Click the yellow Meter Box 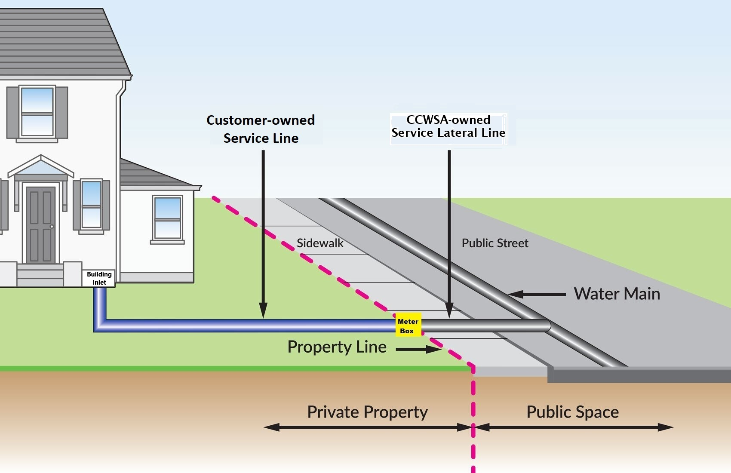(x=408, y=326)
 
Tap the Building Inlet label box (x=99, y=278)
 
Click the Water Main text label (x=617, y=294)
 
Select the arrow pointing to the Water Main (x=537, y=295)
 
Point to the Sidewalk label (x=320, y=243)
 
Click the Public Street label (x=494, y=243)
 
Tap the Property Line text (x=337, y=347)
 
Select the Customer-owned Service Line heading (x=261, y=129)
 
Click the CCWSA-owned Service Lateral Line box (x=448, y=126)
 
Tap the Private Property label (x=367, y=412)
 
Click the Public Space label (x=572, y=412)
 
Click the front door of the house (x=41, y=224)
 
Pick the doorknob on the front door (x=52, y=226)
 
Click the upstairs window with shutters (x=37, y=112)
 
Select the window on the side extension (x=167, y=218)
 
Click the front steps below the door (x=40, y=275)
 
